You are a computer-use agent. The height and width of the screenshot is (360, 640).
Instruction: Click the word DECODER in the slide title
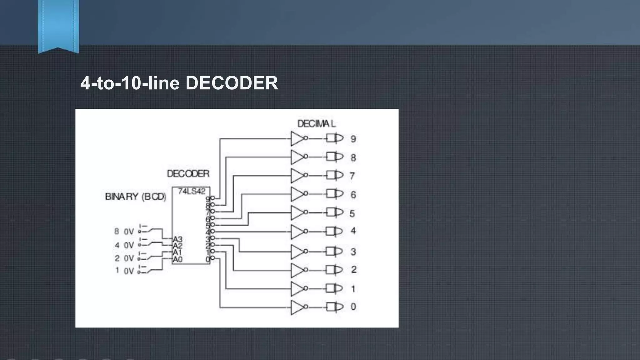(232, 83)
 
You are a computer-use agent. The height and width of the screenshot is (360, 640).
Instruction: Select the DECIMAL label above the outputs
(316, 124)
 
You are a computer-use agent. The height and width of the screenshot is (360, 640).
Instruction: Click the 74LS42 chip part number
(192, 191)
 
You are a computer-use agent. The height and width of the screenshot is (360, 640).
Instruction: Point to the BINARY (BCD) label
(136, 197)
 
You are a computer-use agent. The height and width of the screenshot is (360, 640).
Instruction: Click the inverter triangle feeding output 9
(297, 138)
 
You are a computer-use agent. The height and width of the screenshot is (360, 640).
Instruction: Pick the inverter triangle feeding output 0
(297, 307)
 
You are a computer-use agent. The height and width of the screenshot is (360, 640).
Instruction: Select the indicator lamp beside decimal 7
(335, 175)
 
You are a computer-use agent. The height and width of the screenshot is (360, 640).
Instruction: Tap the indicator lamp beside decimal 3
(335, 251)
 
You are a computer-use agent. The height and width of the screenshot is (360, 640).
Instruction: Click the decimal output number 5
(352, 213)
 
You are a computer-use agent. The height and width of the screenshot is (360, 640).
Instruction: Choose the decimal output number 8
(353, 157)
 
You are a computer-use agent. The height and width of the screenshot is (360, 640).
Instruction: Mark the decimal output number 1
(353, 289)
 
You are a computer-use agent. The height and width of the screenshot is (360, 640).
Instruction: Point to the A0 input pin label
(177, 259)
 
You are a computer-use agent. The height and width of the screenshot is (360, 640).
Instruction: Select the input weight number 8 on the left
(117, 231)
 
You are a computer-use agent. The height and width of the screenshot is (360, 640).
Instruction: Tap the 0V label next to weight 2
(129, 258)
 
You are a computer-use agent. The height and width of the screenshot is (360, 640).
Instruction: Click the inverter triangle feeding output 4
(297, 232)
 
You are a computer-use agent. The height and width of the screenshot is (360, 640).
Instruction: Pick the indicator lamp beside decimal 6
(335, 194)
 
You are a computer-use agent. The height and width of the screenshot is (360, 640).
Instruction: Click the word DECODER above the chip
(188, 174)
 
